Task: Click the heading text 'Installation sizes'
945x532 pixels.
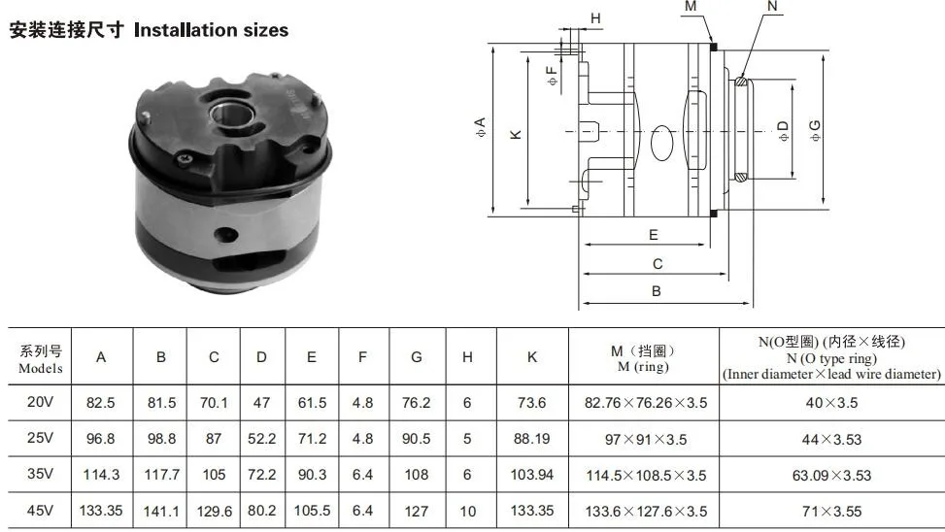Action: [x=211, y=30]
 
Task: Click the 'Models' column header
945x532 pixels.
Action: [x=41, y=368]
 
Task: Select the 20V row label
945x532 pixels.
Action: [x=41, y=402]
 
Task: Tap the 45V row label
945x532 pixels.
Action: [x=41, y=511]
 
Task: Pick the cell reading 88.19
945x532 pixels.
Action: [x=531, y=439]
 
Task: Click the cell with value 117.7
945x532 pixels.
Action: [x=161, y=475]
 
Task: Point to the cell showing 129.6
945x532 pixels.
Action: [x=214, y=512]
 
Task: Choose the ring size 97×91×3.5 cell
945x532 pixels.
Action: [x=646, y=440]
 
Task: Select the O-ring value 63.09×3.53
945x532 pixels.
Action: [x=831, y=476]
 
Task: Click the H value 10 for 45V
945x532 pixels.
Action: [x=468, y=512]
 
